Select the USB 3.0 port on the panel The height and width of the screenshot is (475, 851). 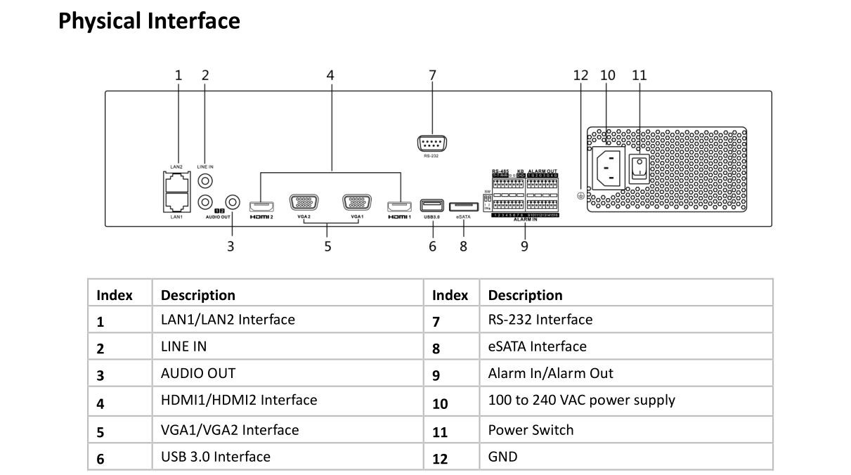pyautogui.click(x=432, y=205)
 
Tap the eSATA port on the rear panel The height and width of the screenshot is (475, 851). pyautogui.click(x=463, y=205)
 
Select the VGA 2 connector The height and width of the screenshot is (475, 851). pyautogui.click(x=304, y=202)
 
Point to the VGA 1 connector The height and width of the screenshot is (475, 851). pyautogui.click(x=357, y=202)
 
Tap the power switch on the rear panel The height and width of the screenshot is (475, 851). pyautogui.click(x=638, y=167)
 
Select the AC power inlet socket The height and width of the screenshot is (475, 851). pyautogui.click(x=609, y=167)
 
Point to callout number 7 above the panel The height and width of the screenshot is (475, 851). pyautogui.click(x=432, y=75)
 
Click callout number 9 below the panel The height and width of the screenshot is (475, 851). pyautogui.click(x=524, y=246)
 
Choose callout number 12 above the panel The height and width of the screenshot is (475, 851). pyautogui.click(x=580, y=75)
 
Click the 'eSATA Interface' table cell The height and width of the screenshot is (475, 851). pyautogui.click(x=537, y=346)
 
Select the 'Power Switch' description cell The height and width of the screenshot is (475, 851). pyautogui.click(x=531, y=430)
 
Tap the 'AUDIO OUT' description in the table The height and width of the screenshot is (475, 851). pyautogui.click(x=198, y=373)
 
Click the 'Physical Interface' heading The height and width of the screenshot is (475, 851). pyautogui.click(x=149, y=21)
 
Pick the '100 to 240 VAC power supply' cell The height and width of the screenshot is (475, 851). pyautogui.click(x=581, y=401)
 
